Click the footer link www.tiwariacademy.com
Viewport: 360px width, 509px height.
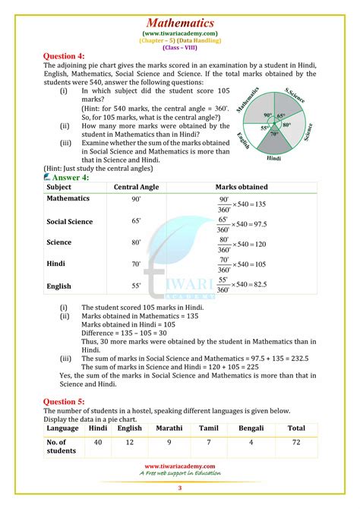click(180, 466)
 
